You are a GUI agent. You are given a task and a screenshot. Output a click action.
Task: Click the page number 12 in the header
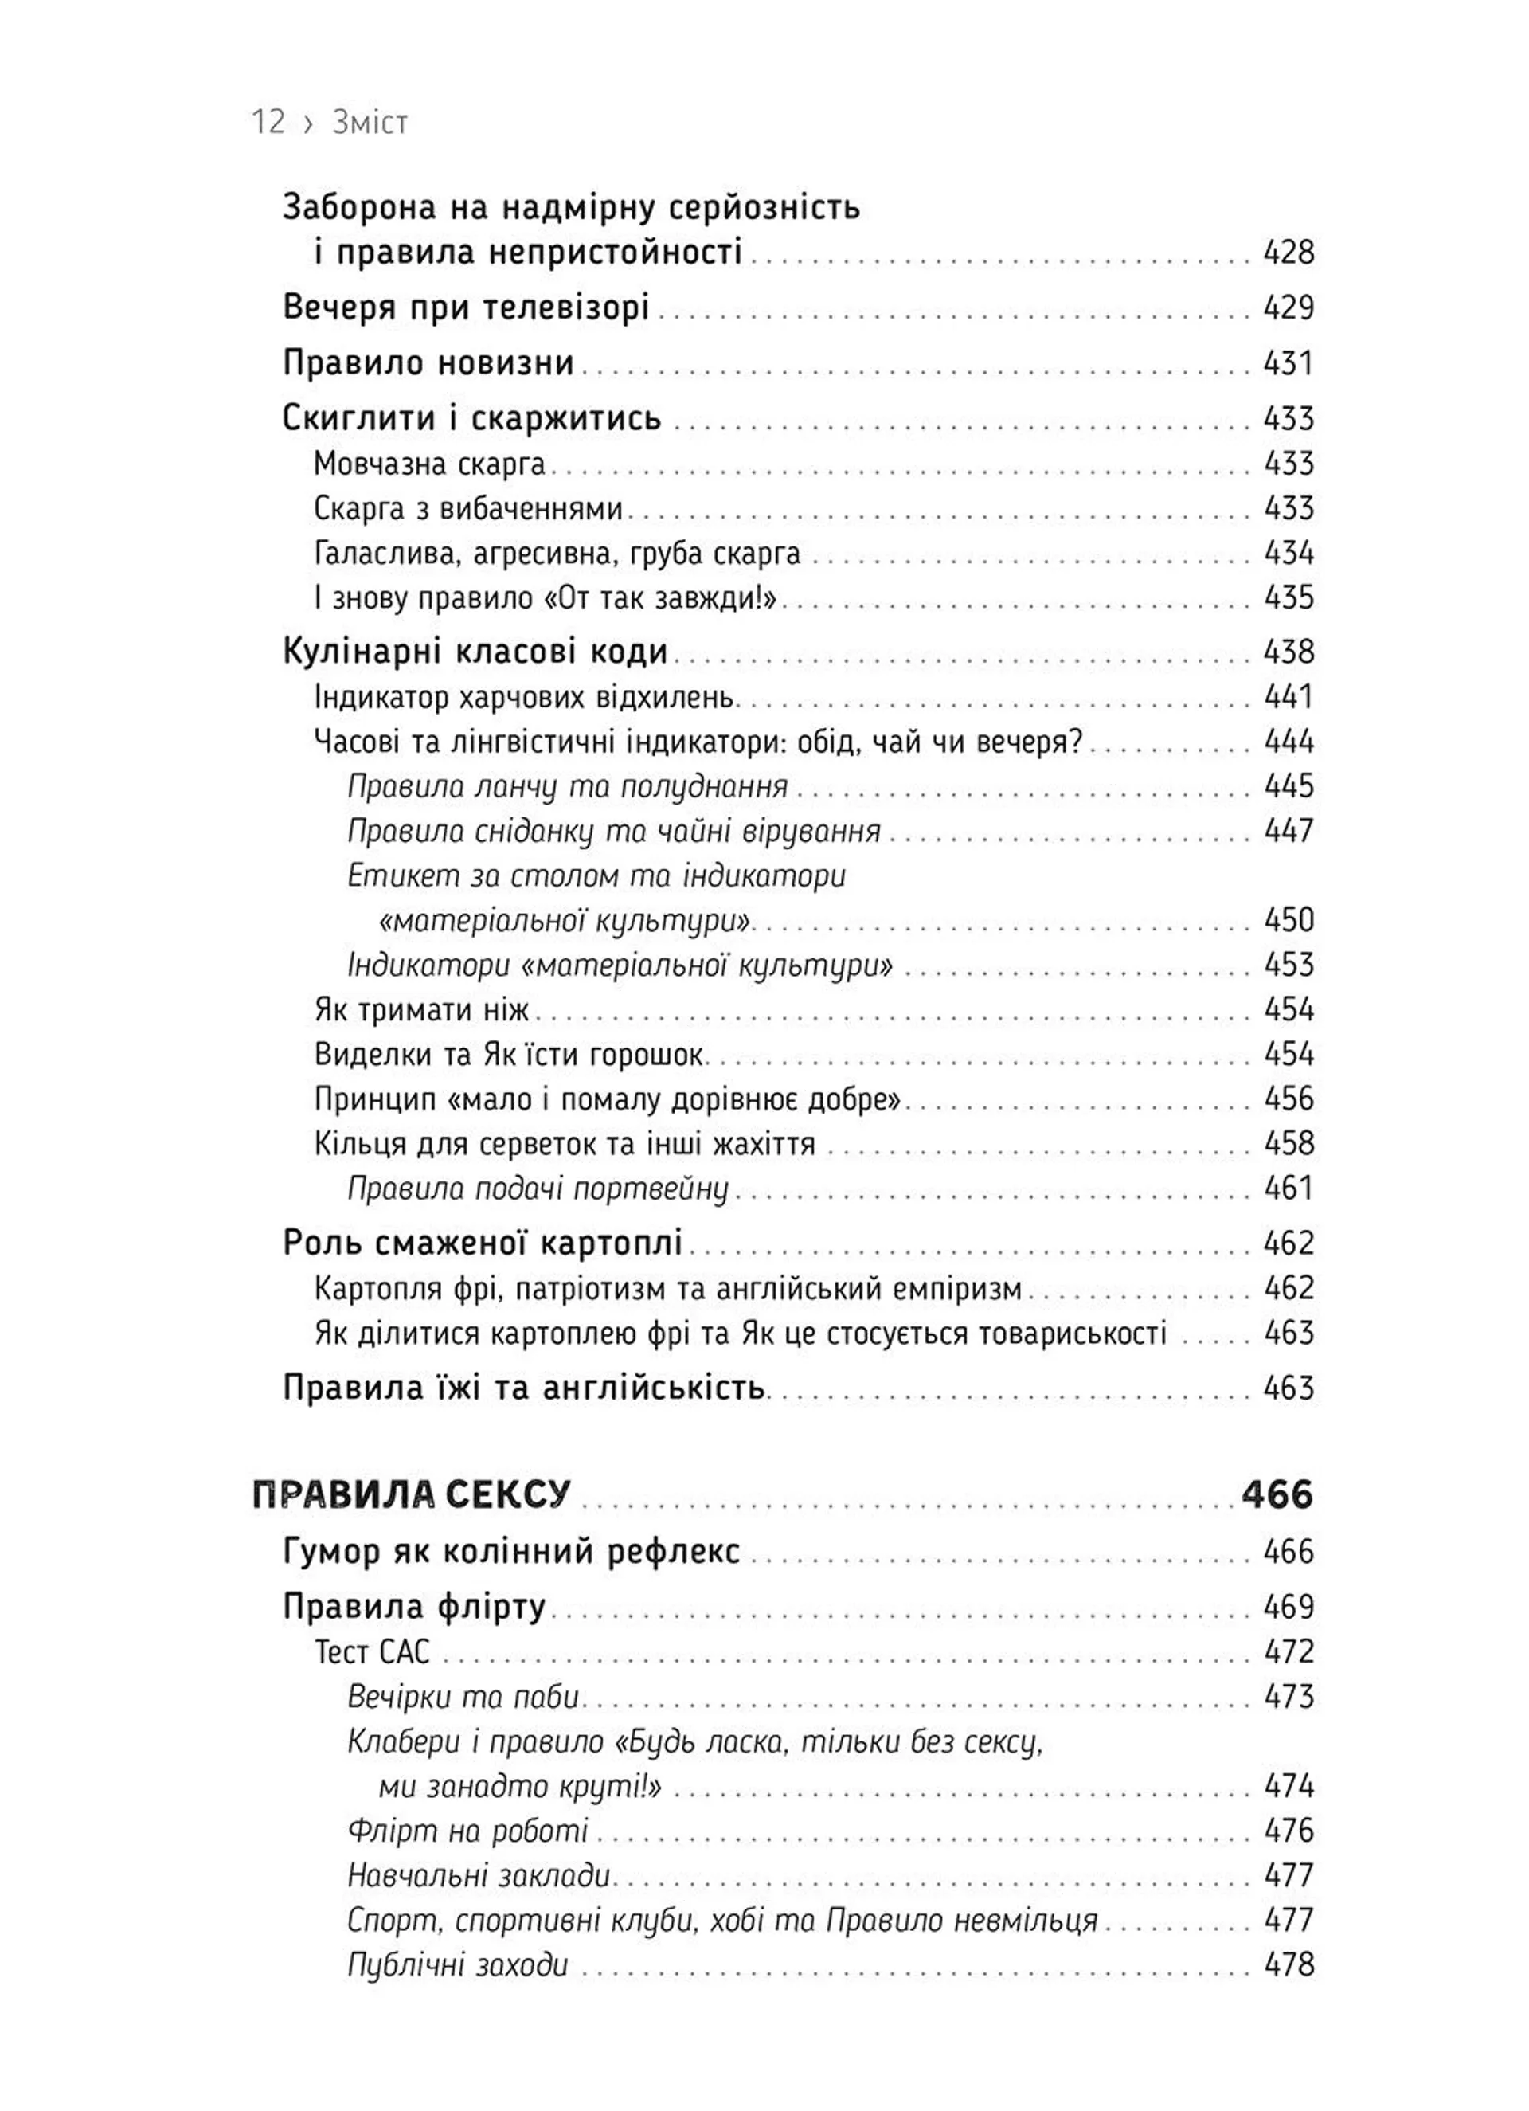tap(268, 122)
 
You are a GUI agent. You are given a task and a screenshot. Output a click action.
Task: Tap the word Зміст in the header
tap(370, 123)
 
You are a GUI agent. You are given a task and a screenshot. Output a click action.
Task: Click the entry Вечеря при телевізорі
tap(465, 307)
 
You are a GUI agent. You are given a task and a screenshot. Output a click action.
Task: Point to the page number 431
tap(1288, 363)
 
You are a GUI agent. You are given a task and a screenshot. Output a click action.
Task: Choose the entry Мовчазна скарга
tap(430, 464)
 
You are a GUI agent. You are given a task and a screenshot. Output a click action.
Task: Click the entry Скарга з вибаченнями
tap(468, 508)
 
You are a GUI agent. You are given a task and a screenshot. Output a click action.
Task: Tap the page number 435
tap(1288, 597)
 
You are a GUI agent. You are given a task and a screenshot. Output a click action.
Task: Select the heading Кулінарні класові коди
tap(475, 652)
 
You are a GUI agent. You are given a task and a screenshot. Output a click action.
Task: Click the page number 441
tap(1288, 696)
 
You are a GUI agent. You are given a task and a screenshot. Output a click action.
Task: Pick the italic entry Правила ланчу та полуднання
tap(568, 786)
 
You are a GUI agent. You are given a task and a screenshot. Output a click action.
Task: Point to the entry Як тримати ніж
tap(421, 1009)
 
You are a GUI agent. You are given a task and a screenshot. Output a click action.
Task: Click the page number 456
tap(1288, 1099)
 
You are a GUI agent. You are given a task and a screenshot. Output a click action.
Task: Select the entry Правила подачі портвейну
tap(538, 1189)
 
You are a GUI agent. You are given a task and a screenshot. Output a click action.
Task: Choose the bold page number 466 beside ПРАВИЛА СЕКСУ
tap(1277, 1494)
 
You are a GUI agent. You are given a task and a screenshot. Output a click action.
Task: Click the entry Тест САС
tap(372, 1651)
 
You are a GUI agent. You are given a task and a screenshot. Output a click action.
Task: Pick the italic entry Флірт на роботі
tap(468, 1830)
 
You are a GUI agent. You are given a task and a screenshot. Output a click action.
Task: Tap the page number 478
tap(1288, 1965)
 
